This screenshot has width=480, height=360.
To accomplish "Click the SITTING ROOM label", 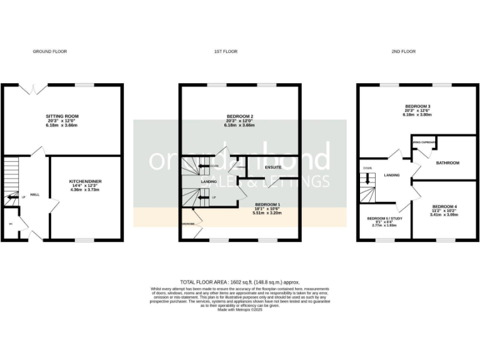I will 62,116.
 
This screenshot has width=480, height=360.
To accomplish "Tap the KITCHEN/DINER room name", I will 86,180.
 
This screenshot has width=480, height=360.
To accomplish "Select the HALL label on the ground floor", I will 34,195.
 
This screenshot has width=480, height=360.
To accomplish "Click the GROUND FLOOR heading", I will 49,51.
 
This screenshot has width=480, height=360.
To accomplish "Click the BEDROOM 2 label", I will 239,116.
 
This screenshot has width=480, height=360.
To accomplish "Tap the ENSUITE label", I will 273,167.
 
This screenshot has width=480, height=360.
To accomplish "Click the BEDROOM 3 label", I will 417,106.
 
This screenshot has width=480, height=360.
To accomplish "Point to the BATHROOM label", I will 447,163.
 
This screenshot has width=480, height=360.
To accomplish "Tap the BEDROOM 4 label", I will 444,206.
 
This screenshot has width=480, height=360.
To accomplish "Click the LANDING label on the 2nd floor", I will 392,175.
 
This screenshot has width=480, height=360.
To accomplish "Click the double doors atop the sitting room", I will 32,89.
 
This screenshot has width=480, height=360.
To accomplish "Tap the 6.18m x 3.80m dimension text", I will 417,115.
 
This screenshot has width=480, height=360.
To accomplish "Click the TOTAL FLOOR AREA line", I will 239,282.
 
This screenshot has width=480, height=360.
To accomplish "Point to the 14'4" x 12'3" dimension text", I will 86,185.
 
